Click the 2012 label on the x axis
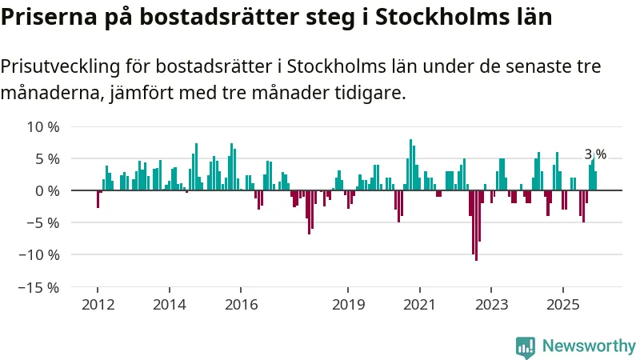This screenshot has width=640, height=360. pyautogui.click(x=98, y=305)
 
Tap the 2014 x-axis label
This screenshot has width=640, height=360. pyautogui.click(x=169, y=305)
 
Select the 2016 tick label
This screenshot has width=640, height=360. pyautogui.click(x=241, y=305)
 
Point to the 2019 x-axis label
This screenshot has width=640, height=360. pyautogui.click(x=348, y=305)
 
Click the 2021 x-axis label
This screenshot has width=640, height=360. pyautogui.click(x=419, y=305)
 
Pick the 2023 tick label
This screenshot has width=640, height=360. pyautogui.click(x=490, y=305)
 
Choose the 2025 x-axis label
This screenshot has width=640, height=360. pyautogui.click(x=562, y=305)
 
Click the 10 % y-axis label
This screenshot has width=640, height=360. pyautogui.click(x=43, y=127)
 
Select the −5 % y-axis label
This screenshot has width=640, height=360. pyautogui.click(x=43, y=223)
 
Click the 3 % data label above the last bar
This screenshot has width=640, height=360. pyautogui.click(x=595, y=154)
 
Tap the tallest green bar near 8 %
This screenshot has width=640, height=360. pyautogui.click(x=410, y=165)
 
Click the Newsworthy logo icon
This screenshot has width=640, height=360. pyautogui.click(x=526, y=346)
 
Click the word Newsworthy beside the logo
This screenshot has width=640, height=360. pyautogui.click(x=589, y=346)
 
